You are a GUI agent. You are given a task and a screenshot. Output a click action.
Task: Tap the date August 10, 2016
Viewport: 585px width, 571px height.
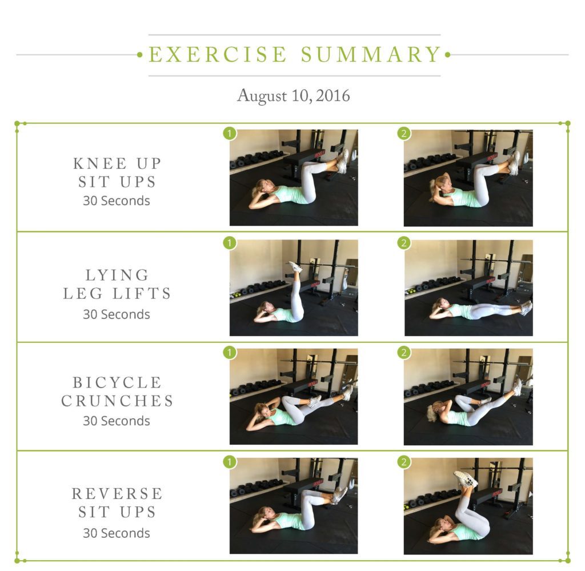click(293, 95)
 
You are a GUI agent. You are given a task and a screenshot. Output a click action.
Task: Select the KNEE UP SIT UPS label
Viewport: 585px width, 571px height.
click(117, 173)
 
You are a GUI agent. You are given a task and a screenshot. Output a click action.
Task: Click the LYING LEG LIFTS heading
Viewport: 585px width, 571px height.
click(117, 284)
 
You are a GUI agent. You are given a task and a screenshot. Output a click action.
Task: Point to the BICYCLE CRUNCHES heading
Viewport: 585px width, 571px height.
click(117, 392)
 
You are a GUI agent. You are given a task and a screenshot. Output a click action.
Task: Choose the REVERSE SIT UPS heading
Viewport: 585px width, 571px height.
click(117, 502)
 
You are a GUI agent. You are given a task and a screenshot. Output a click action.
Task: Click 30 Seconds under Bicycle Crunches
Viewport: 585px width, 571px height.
click(117, 421)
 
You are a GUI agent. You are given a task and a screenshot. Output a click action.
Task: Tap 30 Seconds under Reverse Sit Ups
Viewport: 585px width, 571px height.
click(117, 533)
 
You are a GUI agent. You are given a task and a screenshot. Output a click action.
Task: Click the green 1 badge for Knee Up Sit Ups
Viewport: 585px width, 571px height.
click(229, 133)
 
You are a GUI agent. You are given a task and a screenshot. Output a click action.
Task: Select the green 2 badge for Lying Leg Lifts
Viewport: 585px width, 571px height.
click(404, 243)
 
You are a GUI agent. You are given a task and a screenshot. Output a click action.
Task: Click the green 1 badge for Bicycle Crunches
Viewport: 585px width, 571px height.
click(229, 352)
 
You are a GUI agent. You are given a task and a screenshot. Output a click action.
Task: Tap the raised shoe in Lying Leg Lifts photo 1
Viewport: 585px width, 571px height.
click(295, 267)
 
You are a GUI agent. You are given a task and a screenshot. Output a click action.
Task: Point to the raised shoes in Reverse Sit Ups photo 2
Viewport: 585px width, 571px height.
click(465, 479)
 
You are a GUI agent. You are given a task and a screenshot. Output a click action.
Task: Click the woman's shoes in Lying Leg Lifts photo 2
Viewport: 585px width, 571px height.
click(526, 308)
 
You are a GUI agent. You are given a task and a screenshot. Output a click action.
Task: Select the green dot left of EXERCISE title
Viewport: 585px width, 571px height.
click(139, 55)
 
